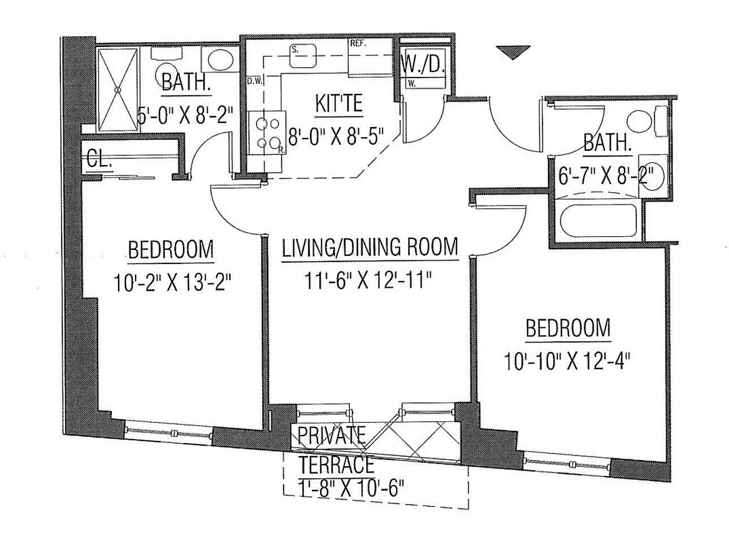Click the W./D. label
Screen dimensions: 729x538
click(x=424, y=66)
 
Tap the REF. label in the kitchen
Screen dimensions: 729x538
click(x=358, y=44)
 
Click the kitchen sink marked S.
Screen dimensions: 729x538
click(x=303, y=55)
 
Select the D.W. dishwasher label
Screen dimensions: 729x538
click(x=255, y=81)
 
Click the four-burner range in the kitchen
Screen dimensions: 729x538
click(x=267, y=133)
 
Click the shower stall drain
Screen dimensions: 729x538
click(x=118, y=89)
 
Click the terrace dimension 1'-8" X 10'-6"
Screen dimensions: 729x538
click(x=351, y=489)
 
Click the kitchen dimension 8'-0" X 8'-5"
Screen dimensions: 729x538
click(x=336, y=136)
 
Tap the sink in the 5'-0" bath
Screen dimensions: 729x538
click(x=221, y=59)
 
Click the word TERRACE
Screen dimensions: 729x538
click(x=337, y=463)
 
